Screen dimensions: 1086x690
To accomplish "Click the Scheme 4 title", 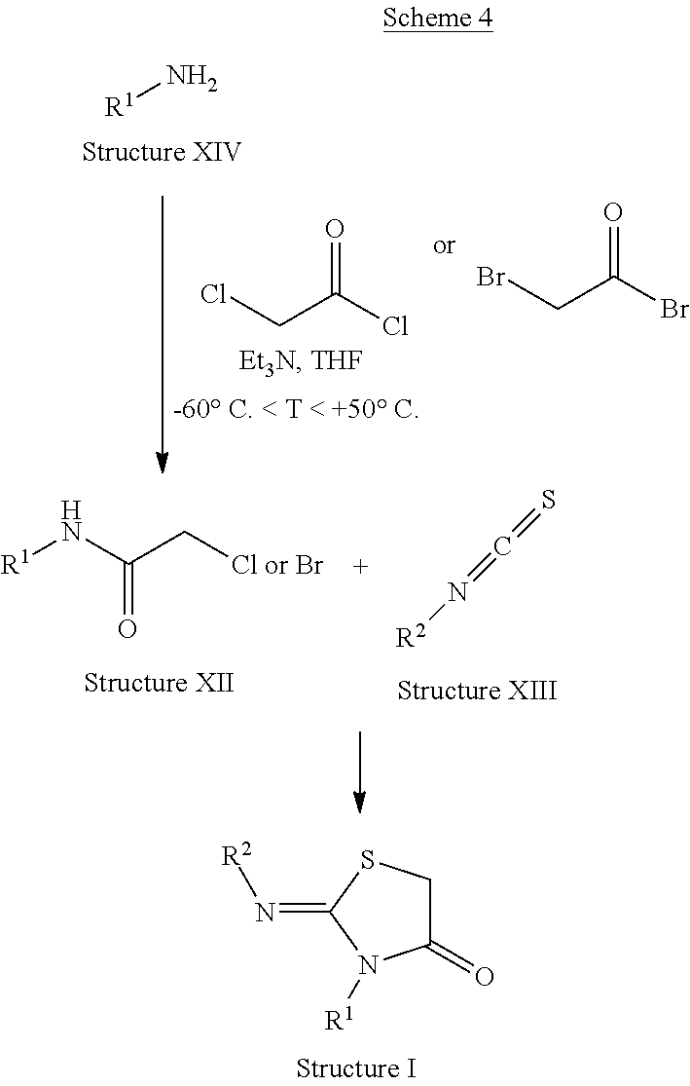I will point(438,19).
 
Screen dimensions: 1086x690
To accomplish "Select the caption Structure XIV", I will point(162,152).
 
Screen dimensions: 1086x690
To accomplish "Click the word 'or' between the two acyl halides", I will point(444,245).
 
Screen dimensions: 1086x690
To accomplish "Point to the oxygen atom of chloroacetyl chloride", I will point(334,230).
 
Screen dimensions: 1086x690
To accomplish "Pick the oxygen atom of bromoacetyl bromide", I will point(613,212).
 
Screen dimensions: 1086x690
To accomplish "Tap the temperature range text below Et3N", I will point(296,410).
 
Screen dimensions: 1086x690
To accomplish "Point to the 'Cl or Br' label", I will point(277,566).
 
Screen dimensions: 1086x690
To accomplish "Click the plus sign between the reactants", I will point(361,566).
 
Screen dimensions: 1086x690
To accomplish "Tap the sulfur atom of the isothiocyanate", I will point(548,501).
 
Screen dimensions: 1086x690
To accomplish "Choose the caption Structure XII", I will point(159,682).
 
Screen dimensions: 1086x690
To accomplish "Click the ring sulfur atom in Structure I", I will point(367,862).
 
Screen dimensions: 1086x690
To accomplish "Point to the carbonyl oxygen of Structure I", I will point(484,975).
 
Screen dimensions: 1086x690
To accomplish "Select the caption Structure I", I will point(356,1067).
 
